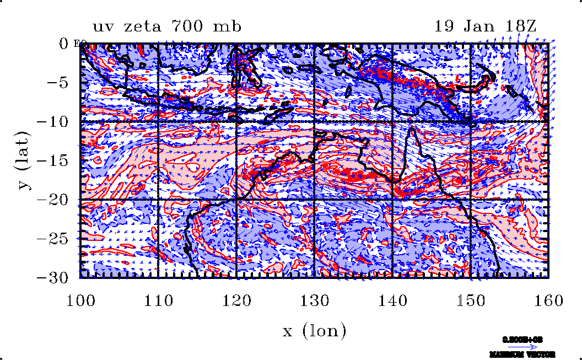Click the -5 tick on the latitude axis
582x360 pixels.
click(58, 83)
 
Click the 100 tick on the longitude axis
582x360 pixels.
click(80, 301)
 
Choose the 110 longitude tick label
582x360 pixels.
click(159, 301)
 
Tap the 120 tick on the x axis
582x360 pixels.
click(236, 301)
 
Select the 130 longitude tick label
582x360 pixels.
click(315, 301)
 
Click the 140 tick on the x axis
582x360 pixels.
click(392, 301)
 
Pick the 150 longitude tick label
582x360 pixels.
click(471, 301)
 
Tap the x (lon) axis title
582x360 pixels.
click(314, 331)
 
